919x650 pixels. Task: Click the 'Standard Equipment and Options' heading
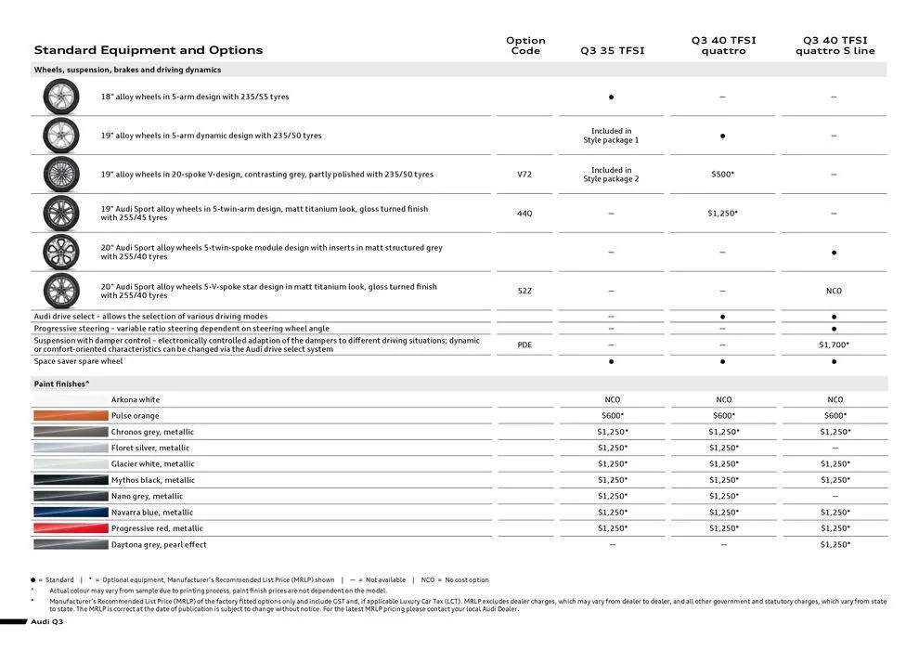[149, 50]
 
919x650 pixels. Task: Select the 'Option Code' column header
[525, 45]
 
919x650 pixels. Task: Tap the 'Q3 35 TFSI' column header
[612, 51]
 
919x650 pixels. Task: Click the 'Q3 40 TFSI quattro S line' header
[835, 45]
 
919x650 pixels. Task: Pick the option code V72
[524, 175]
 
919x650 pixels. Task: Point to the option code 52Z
[524, 291]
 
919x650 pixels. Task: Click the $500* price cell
[722, 175]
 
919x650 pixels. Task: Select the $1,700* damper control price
[834, 344]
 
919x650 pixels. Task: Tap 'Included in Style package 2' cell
[611, 175]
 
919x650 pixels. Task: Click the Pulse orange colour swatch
[71, 416]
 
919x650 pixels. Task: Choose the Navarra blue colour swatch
[71, 513]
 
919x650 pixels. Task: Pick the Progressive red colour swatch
[71, 528]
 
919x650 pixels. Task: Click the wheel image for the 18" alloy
[61, 97]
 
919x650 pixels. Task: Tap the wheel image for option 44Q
[61, 214]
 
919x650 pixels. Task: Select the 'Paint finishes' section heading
[62, 383]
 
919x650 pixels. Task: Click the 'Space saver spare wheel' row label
[78, 361]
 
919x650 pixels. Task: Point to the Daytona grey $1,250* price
[834, 545]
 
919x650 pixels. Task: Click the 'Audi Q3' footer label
[46, 621]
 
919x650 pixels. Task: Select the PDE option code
[524, 344]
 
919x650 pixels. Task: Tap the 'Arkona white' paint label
[136, 400]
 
